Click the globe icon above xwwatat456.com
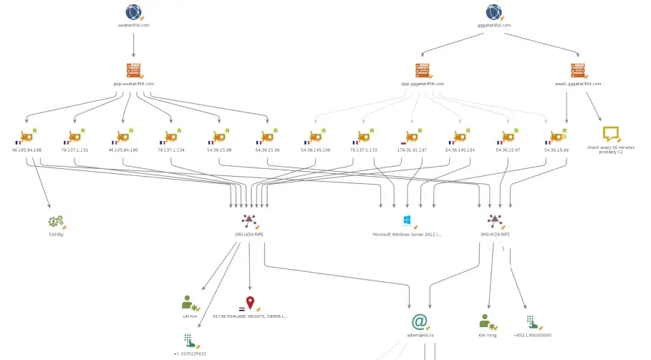(x=133, y=11)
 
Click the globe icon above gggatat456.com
(x=493, y=11)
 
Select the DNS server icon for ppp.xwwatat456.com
(x=133, y=70)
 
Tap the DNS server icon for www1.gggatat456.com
(x=577, y=70)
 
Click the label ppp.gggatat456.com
(x=423, y=84)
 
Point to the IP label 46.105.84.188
(x=27, y=150)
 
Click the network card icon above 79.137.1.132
(x=74, y=137)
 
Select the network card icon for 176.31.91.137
(x=412, y=137)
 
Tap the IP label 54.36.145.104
(x=460, y=150)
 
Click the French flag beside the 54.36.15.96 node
(x=258, y=142)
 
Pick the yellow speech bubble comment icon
(x=610, y=133)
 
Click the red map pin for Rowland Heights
(x=250, y=303)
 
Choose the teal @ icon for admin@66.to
(x=420, y=321)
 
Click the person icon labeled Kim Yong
(x=486, y=321)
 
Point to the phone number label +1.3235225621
(x=190, y=354)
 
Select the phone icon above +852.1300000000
(x=531, y=321)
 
